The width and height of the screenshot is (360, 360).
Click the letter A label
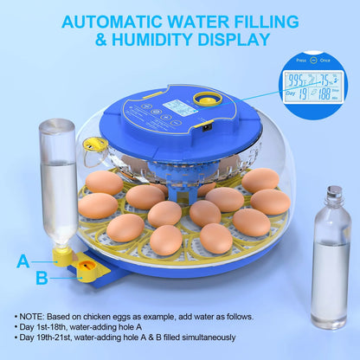click(x=23, y=260)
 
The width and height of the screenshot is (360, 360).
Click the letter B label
click(x=42, y=278)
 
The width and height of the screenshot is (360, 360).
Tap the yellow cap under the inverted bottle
click(x=61, y=254)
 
